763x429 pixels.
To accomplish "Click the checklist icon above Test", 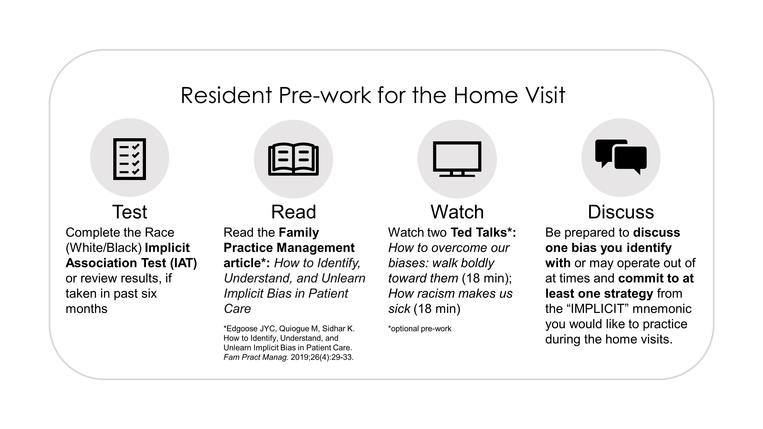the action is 130,159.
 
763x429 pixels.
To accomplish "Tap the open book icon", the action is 293,159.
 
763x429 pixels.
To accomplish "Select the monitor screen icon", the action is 457,159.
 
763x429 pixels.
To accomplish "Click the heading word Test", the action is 130,212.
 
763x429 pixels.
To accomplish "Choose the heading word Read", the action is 294,212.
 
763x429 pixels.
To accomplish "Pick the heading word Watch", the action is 457,212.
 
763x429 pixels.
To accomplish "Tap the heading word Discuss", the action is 621,212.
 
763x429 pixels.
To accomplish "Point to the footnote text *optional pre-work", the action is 420,329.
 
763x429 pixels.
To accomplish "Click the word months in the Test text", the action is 86,309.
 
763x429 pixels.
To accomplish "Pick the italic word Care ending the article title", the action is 237,309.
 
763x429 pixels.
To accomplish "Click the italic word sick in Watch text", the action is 399,309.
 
